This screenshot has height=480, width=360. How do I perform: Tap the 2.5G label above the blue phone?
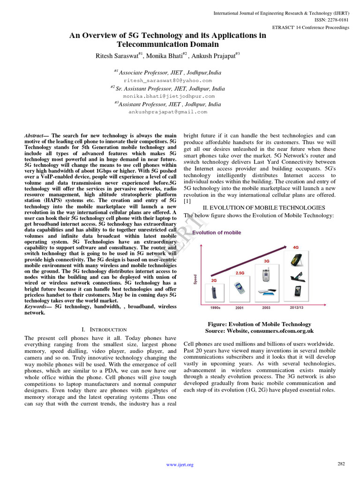tap(240, 272)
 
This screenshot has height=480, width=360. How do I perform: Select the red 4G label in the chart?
tap(295, 247)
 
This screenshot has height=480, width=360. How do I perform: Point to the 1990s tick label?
tap(215, 308)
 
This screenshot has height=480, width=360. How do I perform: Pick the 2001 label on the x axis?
tap(239, 308)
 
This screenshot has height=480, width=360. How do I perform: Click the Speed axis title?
tap(195, 279)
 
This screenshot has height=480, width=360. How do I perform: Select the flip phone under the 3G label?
tap(266, 276)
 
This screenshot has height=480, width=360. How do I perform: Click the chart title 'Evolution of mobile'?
tap(217, 232)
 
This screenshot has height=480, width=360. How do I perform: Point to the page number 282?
tap(341, 464)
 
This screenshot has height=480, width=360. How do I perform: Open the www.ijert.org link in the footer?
tap(180, 465)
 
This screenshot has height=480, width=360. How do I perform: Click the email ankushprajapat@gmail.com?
tap(168, 112)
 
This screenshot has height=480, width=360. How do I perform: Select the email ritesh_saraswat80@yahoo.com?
tap(168, 81)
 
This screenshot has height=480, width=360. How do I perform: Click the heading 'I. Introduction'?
tap(104, 330)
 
